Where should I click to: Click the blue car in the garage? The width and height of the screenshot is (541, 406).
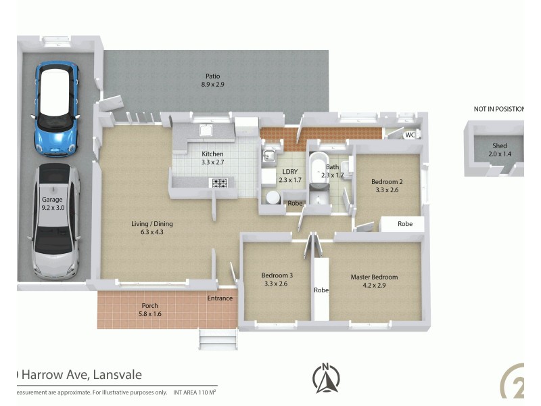[x=57, y=108]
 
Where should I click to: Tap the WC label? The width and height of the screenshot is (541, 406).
[x=410, y=135]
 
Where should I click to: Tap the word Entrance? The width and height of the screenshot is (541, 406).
[x=220, y=298]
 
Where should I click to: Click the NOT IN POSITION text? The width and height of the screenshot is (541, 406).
[x=498, y=109]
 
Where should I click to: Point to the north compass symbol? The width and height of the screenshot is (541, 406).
[x=327, y=379]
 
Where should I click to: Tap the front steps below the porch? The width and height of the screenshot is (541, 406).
[x=218, y=338]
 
